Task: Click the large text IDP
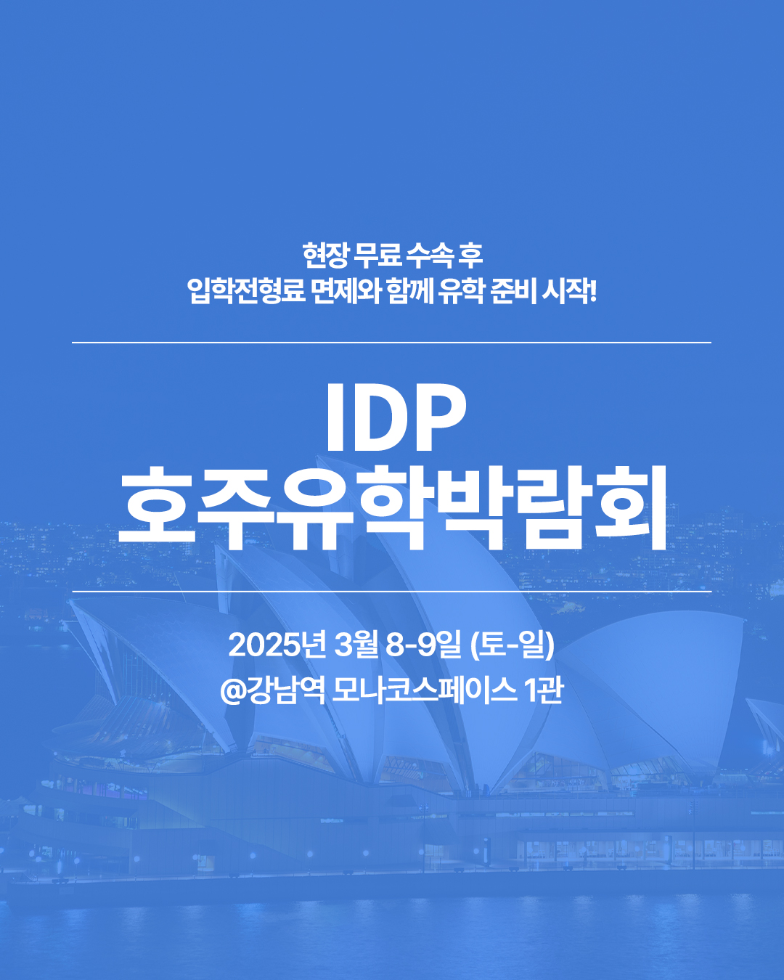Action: (x=395, y=417)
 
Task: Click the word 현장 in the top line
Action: (x=325, y=255)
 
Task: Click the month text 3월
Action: (x=356, y=645)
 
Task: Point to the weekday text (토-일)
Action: (x=513, y=645)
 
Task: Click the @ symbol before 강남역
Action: (x=233, y=690)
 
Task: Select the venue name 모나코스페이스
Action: (x=424, y=690)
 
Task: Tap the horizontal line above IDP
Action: (x=392, y=342)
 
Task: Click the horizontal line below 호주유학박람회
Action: (x=392, y=592)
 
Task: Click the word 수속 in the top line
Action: (x=430, y=255)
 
